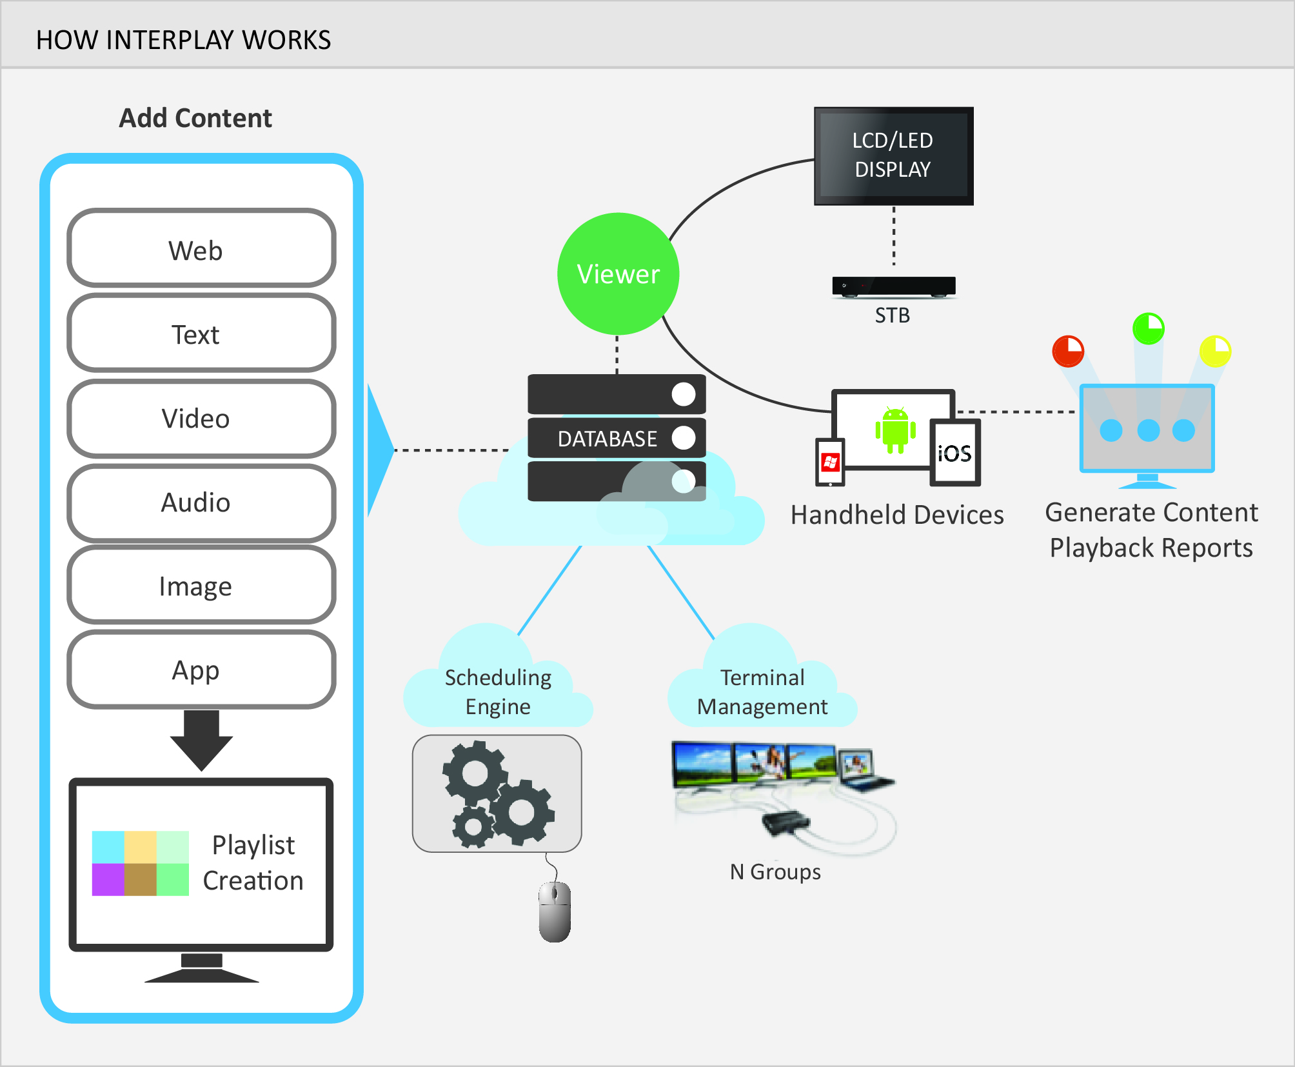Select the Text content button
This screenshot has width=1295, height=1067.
point(201,334)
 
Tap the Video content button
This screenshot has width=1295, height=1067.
point(201,418)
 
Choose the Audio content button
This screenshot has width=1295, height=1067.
point(201,503)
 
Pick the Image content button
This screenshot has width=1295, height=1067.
point(201,586)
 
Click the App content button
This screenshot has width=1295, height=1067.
point(201,670)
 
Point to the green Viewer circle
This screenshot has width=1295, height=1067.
point(618,274)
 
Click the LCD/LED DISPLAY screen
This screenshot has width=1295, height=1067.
point(893,155)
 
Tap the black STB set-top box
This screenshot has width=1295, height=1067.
point(893,286)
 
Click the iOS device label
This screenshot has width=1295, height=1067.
point(954,454)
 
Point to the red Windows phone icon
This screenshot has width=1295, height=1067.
point(830,462)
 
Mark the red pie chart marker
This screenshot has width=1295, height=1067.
point(1068,351)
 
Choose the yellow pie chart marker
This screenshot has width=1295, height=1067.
point(1215,351)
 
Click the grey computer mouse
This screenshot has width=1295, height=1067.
point(555,912)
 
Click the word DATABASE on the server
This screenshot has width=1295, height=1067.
point(607,439)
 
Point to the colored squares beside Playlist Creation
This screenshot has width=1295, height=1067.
point(141,863)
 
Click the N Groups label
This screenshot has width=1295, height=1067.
point(775,872)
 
